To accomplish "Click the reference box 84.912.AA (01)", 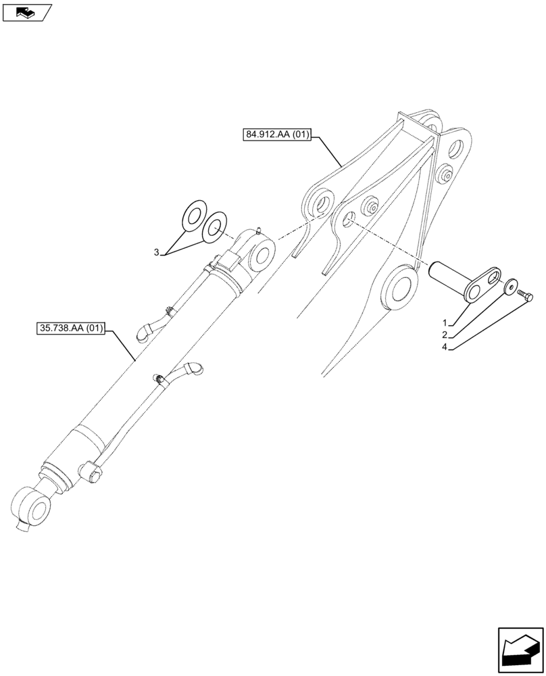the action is point(276,135).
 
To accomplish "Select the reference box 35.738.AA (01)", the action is point(70,329).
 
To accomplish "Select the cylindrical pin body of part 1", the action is point(449,276).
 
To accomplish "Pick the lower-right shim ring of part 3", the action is point(214,228).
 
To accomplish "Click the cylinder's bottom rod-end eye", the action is point(30,507).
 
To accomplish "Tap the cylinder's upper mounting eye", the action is point(262,256).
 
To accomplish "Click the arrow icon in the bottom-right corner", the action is point(520,651).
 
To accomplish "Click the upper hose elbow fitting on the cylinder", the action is point(143,329).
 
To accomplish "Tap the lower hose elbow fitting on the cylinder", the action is point(195,368).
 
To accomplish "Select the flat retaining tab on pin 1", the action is point(485,285).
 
